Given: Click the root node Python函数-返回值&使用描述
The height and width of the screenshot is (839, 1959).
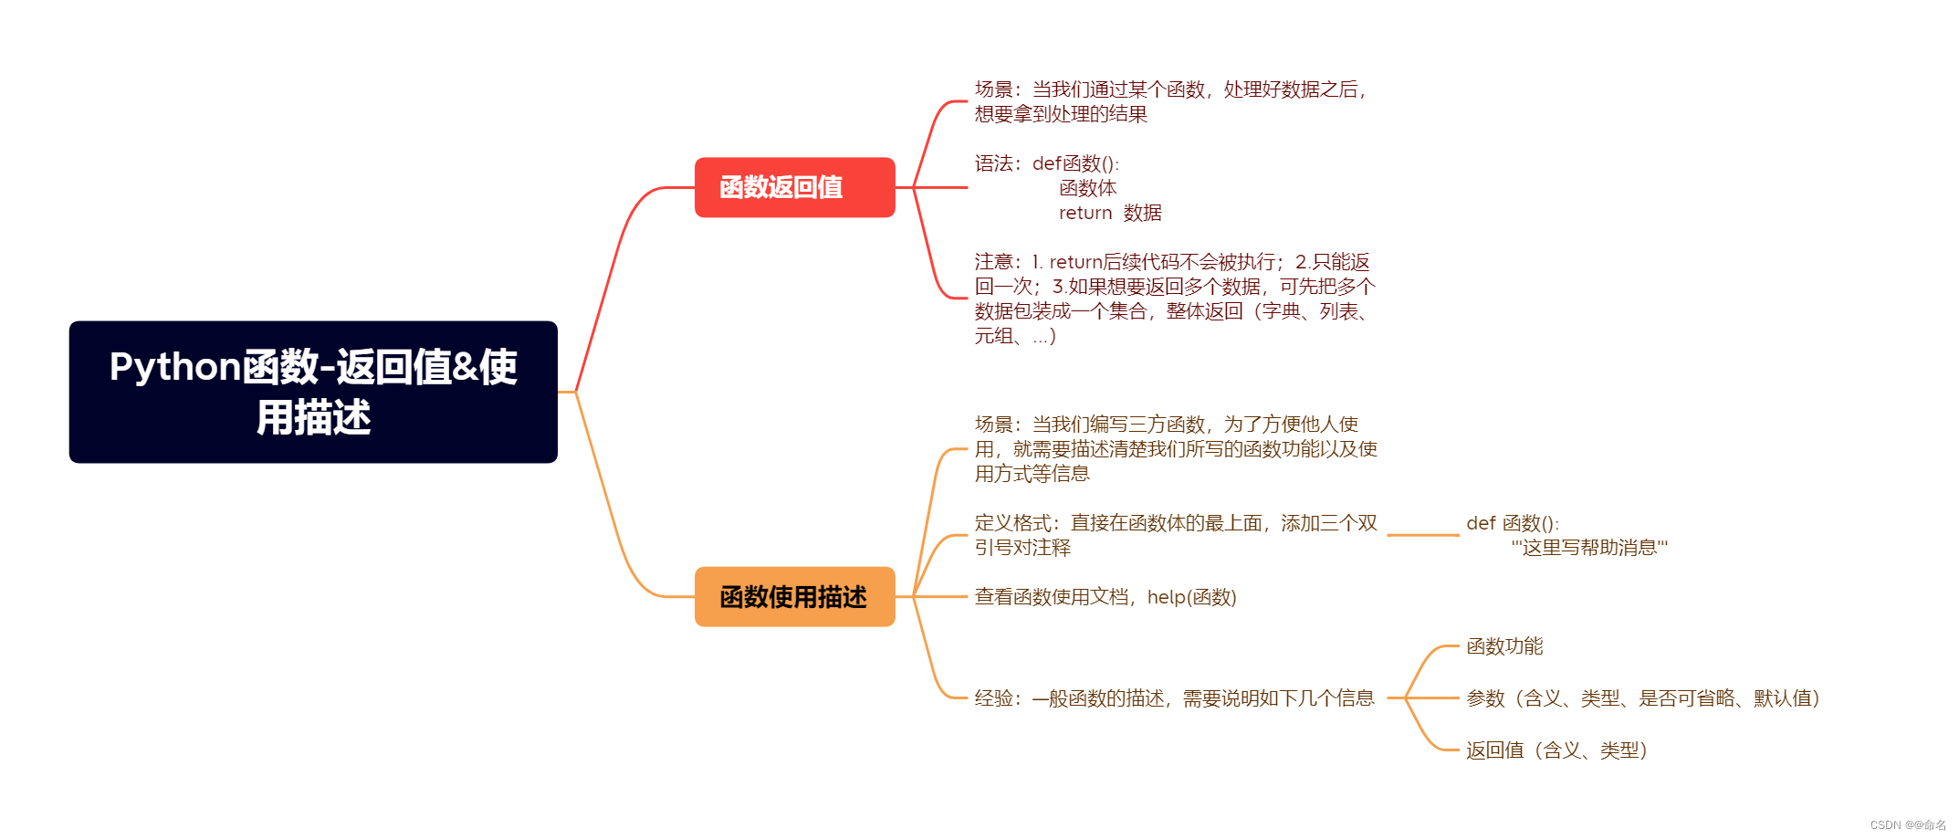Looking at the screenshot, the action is click(x=313, y=392).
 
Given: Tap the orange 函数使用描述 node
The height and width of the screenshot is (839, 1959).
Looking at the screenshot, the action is click(x=794, y=596).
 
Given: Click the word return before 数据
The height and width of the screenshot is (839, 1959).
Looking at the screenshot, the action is click(x=1085, y=213).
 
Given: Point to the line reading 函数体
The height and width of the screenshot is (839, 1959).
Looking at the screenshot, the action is click(x=1087, y=188).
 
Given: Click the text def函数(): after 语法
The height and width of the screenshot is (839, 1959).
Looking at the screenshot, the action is click(x=1075, y=163).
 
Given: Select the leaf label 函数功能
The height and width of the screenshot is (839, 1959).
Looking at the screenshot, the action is click(x=1504, y=646).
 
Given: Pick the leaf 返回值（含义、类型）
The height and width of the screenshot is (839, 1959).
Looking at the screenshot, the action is click(x=1556, y=750).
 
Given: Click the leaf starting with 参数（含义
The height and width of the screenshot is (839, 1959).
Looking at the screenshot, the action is click(x=1642, y=698).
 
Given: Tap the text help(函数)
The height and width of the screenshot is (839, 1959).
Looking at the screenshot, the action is click(x=1191, y=597).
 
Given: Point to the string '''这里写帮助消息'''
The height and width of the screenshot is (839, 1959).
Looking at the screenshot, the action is click(x=1589, y=548).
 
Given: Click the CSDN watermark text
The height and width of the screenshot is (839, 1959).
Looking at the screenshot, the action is click(x=1907, y=825).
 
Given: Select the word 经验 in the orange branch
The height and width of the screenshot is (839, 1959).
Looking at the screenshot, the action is click(x=993, y=698).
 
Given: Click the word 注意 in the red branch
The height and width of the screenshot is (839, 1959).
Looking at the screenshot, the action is click(x=993, y=262).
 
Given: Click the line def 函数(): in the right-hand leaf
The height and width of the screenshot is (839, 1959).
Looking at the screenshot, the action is click(x=1513, y=523).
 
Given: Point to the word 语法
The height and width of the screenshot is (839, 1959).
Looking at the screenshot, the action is click(x=993, y=163).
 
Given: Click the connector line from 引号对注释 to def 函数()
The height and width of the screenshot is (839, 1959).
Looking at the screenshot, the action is click(x=1423, y=535).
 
